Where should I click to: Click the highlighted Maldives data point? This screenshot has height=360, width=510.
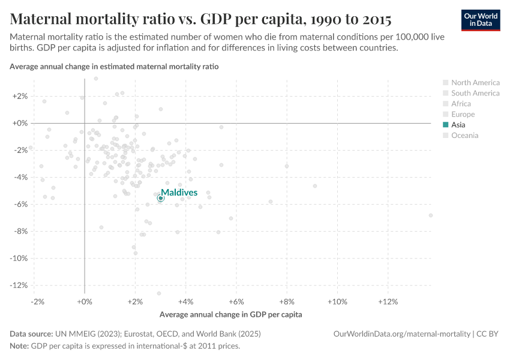160,198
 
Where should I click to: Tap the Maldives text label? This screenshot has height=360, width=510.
179,193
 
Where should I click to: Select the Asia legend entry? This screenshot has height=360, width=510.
458,125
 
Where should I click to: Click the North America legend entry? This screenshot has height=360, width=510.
475,83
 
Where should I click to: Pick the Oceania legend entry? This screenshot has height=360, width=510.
464,136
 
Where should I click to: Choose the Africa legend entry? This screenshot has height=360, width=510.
461,104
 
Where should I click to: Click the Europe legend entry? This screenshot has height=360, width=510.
463,115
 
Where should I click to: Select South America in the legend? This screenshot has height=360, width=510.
475,93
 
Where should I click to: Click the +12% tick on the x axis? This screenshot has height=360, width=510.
388,301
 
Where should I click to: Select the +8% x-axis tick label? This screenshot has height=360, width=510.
287,301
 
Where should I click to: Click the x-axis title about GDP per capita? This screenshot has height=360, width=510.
230,314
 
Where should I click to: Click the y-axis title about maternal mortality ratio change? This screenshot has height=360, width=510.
114,67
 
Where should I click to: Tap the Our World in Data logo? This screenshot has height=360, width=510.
481,20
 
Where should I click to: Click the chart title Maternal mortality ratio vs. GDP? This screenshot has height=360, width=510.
201,19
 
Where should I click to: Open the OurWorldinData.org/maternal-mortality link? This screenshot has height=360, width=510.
401,334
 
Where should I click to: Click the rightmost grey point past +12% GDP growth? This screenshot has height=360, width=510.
431,215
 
